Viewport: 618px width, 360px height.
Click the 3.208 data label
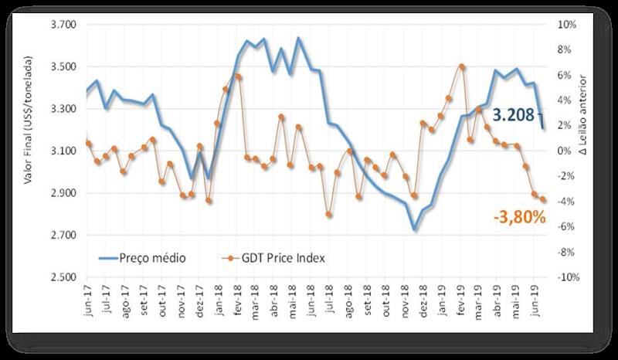[x=513, y=117]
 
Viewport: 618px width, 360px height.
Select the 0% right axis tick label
[x=566, y=151]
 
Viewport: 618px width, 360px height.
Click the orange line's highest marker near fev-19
[x=461, y=66]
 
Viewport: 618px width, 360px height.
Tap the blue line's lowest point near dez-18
[x=415, y=229]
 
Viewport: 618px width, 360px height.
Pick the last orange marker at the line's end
[x=543, y=199]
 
